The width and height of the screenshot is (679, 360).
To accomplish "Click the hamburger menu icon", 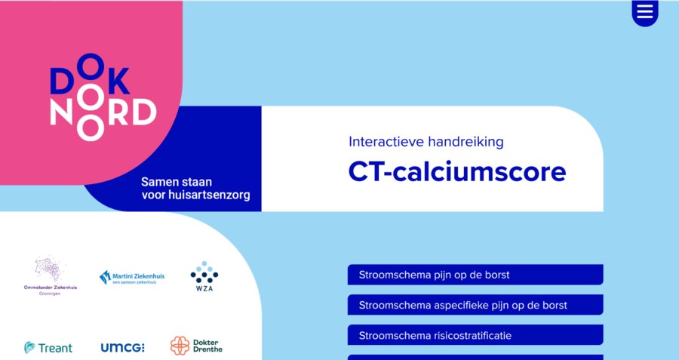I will coord(645,12).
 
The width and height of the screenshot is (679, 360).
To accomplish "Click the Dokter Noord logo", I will coord(103,97).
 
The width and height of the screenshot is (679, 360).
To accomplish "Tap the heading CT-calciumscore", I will coord(456,172).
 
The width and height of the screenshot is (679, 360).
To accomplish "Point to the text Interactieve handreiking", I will coord(426,141).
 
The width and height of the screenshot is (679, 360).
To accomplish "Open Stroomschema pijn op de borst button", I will coord(475,275).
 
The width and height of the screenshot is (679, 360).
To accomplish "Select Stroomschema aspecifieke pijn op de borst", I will coord(475,305).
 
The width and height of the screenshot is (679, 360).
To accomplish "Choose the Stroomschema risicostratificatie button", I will coord(475,335).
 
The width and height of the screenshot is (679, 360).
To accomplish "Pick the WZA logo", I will coord(204,277).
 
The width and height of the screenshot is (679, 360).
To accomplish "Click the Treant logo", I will coord(48,347).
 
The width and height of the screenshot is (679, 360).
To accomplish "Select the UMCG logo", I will coord(122,347).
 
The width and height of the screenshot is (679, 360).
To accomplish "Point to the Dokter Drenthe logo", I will coord(196,346).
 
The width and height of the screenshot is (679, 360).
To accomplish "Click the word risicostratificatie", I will coord(478,335).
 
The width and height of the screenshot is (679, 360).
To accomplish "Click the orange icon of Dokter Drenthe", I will coord(180,346).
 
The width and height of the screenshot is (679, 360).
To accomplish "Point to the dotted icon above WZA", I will coord(204,272).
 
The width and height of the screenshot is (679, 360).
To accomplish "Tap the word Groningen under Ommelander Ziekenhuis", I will coord(51,293).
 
